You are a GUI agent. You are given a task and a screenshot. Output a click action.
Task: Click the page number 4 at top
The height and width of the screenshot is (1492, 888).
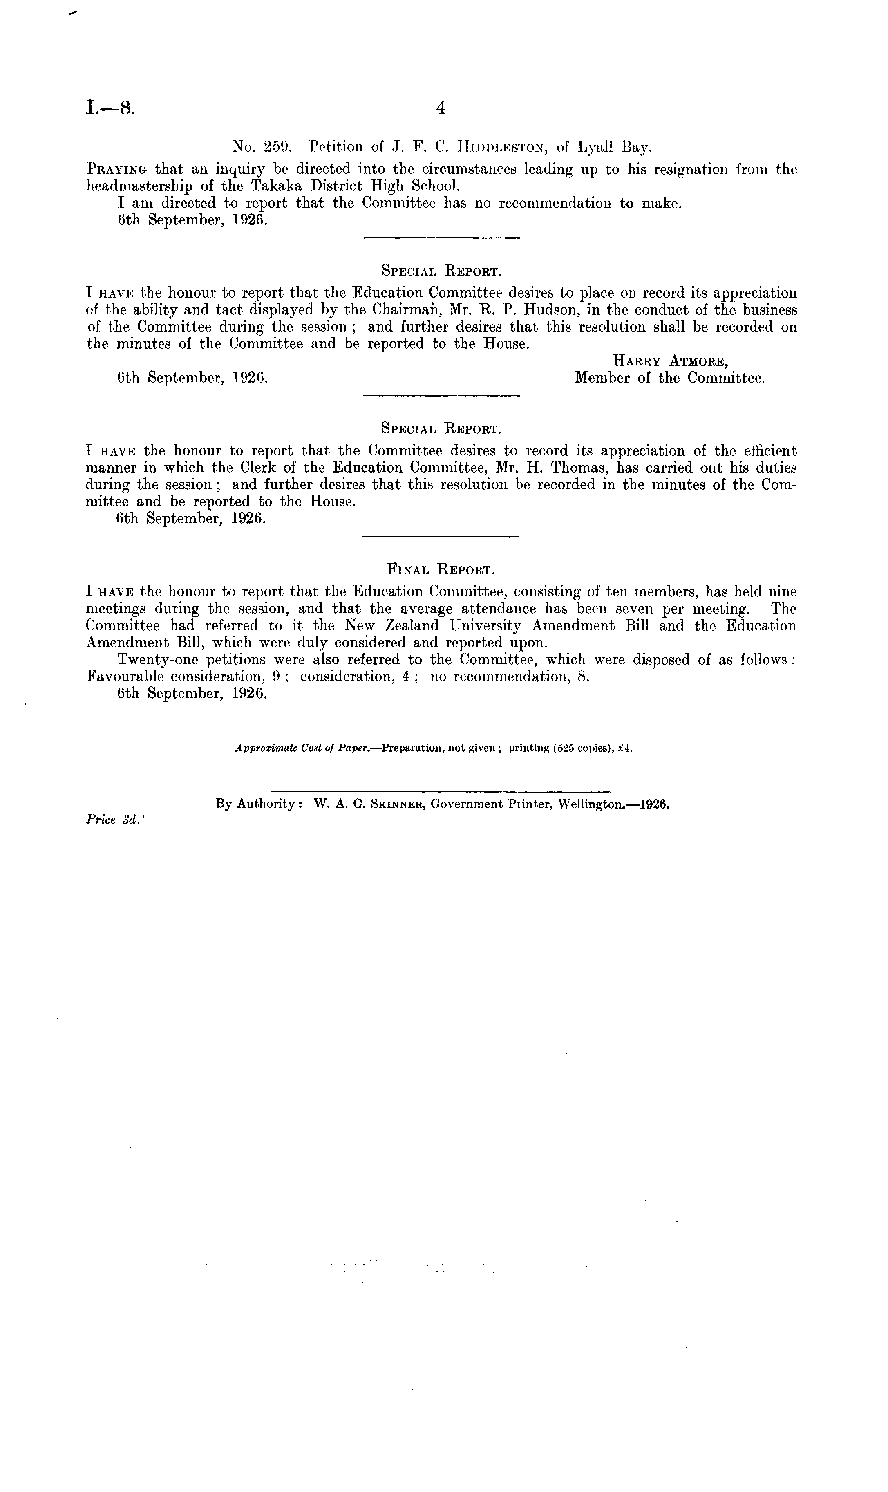click(x=441, y=108)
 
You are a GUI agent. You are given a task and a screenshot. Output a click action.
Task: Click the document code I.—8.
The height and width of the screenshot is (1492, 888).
click(x=111, y=108)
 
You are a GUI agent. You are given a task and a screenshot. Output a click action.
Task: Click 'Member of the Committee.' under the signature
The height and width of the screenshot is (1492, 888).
click(x=670, y=378)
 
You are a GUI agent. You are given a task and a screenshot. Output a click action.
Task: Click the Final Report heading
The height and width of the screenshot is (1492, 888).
click(x=441, y=568)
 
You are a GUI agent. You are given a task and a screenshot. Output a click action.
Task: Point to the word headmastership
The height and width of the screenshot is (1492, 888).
click(x=139, y=186)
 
